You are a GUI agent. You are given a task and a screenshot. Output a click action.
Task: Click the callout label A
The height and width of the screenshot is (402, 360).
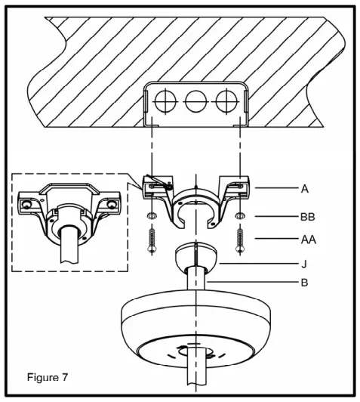point(304,189)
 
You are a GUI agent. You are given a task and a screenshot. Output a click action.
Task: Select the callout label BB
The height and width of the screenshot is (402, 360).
point(306,216)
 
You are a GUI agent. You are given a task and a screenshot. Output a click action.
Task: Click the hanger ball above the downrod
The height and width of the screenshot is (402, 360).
point(194,258)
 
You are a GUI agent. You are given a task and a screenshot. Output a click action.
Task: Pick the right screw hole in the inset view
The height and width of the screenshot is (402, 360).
point(112,204)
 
